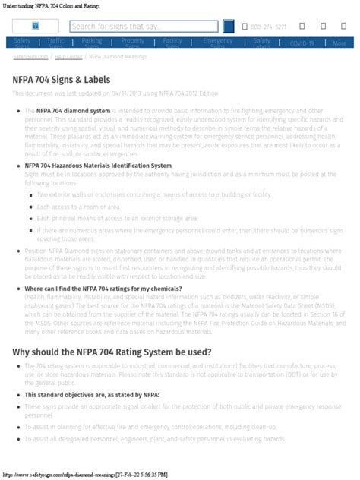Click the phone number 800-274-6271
click(268, 27)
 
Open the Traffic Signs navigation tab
click(55, 43)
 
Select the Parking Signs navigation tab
click(92, 43)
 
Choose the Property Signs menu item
click(133, 43)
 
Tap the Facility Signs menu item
click(172, 43)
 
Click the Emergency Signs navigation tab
click(218, 43)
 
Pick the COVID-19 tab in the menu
click(302, 43)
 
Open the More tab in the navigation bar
click(339, 43)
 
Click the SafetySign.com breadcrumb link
click(31, 56)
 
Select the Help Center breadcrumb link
click(69, 56)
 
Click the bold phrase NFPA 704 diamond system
click(73, 110)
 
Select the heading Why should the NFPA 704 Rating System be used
click(112, 352)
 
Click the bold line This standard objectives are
click(81, 395)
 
